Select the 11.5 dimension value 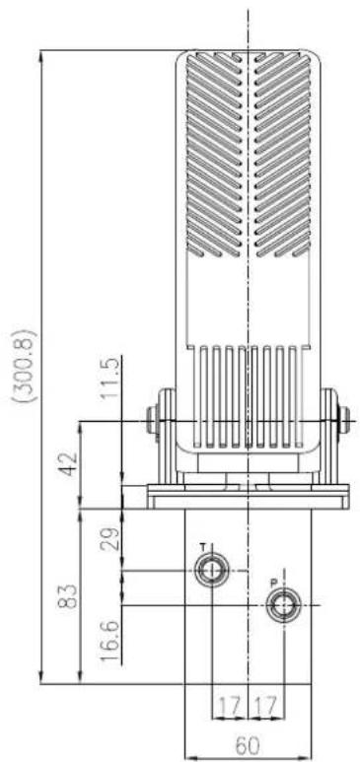pos(110,379)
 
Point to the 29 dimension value pos(110,537)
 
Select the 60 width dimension pos(249,745)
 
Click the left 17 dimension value pos(230,705)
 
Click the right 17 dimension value pos(266,705)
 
